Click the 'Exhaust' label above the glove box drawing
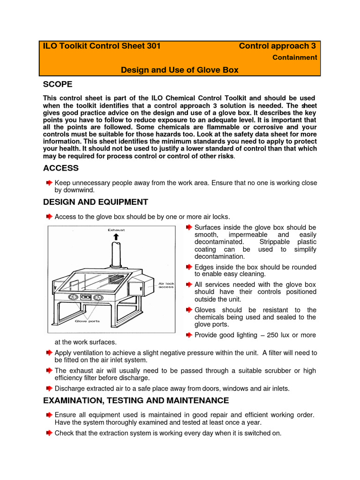tap(116, 230)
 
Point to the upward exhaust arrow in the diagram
tap(116, 237)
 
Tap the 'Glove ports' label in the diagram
tap(87, 321)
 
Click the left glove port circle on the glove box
tap(73, 297)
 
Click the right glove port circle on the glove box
tap(98, 297)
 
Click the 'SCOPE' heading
tap(58, 84)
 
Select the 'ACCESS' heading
tap(60, 168)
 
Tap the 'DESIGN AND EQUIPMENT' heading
tap(95, 202)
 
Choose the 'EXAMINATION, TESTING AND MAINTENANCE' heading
tap(136, 400)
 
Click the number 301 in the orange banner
tap(153, 46)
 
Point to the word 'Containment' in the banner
tap(295, 58)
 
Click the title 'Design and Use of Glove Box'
tap(180, 70)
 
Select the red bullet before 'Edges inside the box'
tap(188, 267)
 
